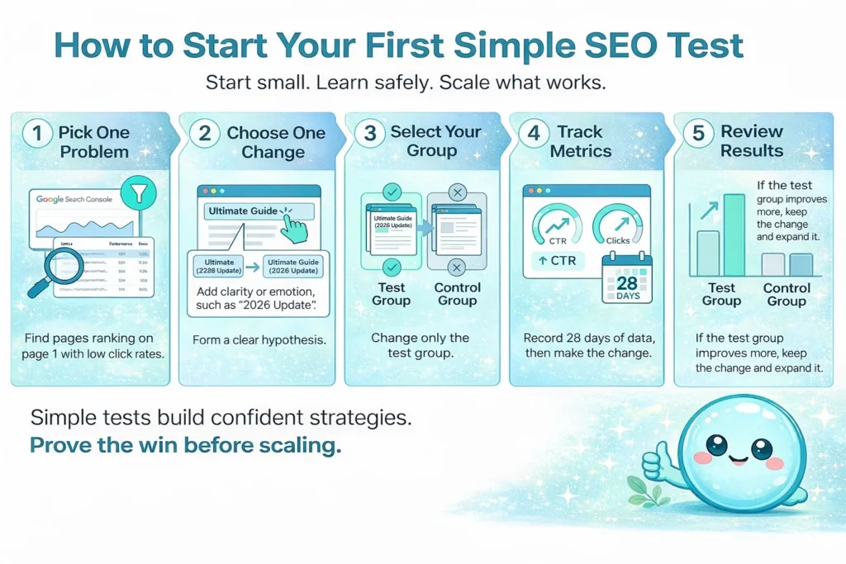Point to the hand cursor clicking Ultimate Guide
292,225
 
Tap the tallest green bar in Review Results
734,235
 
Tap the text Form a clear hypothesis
256,339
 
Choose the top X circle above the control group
456,193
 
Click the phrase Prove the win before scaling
185,446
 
